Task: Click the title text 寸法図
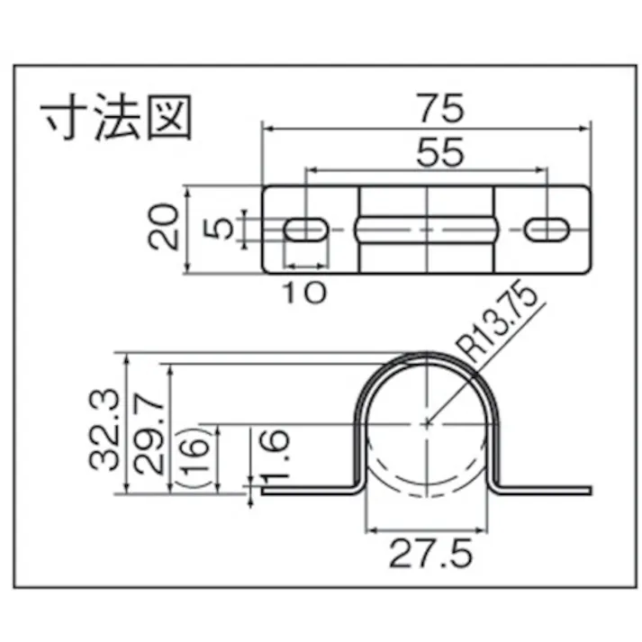[117, 117]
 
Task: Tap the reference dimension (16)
[198, 459]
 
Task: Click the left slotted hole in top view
[305, 230]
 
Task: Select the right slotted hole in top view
[548, 230]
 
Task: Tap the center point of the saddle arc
[429, 420]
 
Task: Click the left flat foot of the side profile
[306, 491]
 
